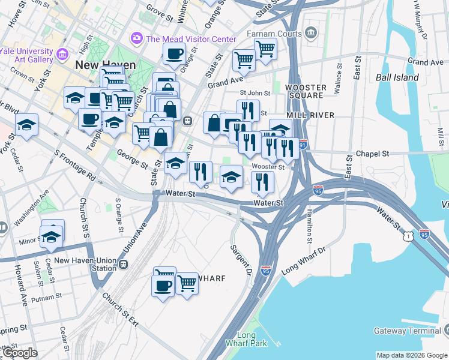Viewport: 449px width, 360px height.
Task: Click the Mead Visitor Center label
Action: point(191,39)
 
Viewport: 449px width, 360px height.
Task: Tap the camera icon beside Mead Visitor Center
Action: point(137,39)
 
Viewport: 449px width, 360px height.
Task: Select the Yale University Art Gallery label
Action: point(27,56)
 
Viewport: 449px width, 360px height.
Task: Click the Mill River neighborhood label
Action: point(306,114)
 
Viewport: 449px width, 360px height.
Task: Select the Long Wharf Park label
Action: point(246,340)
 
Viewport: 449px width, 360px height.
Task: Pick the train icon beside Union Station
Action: point(124,264)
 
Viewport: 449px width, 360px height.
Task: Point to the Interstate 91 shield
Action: point(303,145)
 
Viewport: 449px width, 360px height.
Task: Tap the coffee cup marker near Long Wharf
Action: point(164,281)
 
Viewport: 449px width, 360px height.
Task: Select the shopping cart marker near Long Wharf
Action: point(187,283)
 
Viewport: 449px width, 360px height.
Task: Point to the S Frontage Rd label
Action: point(75,167)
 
